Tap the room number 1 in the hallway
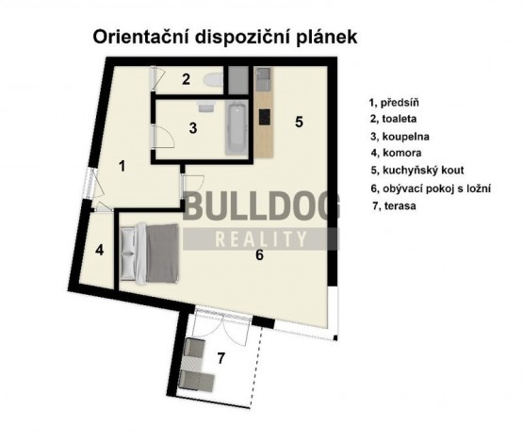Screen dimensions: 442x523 coord(123,165)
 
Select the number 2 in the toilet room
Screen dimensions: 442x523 coord(187,79)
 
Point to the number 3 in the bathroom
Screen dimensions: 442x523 coord(192,128)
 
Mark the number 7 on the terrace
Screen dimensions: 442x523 coord(221,358)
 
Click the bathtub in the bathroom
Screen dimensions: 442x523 coord(236,129)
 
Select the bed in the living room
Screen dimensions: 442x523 coord(155,250)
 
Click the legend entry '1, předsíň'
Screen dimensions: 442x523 coord(395,103)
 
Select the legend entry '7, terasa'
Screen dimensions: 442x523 coord(393,205)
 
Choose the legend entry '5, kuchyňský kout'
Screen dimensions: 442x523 coord(417,171)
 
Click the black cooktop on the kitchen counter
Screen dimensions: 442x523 coord(264,117)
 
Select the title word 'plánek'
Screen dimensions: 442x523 coord(325,38)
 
